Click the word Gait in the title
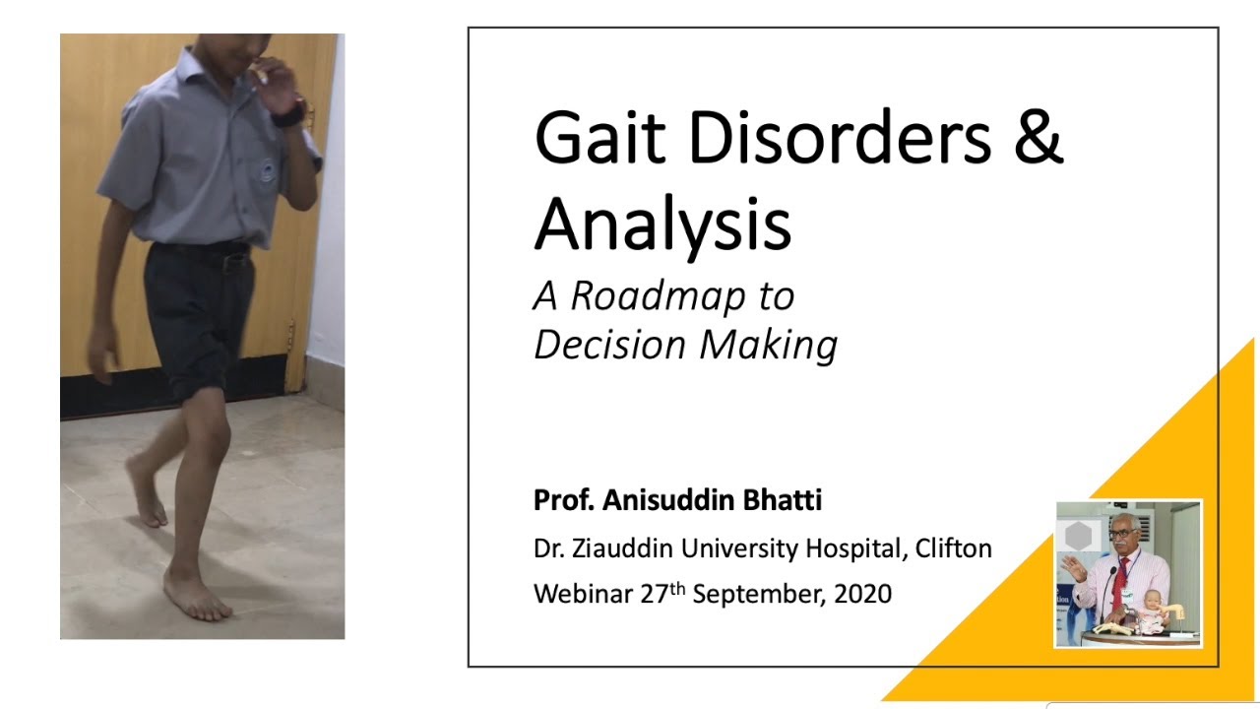600,137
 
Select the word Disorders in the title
840,137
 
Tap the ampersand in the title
1039,137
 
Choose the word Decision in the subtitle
609,344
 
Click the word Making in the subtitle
769,345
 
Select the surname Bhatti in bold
782,499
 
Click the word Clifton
954,548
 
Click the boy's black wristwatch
288,116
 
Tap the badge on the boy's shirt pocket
266,170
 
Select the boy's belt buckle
231,263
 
